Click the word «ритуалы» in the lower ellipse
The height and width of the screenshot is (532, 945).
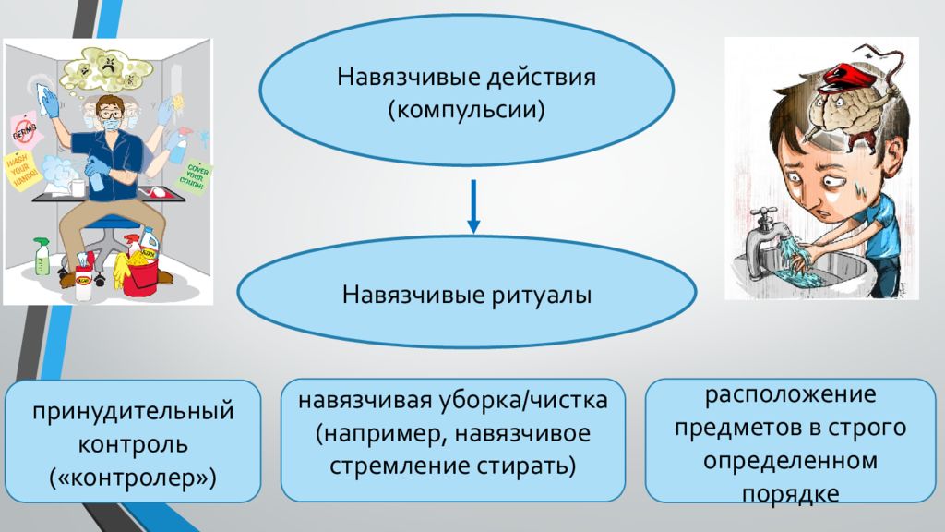533,296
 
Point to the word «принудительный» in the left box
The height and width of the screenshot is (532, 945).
134,410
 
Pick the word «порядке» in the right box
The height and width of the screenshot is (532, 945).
790,493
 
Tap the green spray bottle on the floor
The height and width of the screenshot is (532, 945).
42,257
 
